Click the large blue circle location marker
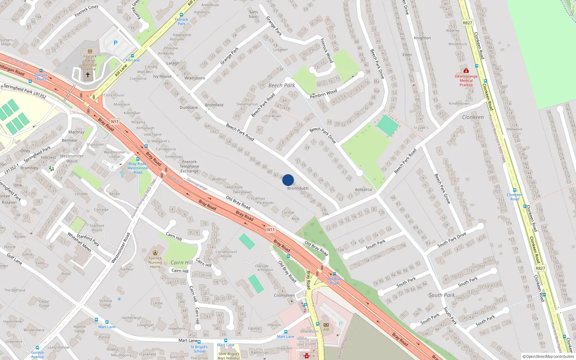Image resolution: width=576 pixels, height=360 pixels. (288, 180)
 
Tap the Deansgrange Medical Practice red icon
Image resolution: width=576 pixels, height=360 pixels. (466, 71)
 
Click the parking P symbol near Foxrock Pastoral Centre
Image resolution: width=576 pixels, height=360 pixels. (116, 43)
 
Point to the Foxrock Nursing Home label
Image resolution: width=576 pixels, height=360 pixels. (155, 262)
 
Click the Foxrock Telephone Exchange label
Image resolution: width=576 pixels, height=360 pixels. (189, 166)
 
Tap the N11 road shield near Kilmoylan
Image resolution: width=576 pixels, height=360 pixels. (114, 122)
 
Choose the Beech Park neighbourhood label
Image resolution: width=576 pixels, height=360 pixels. (282, 85)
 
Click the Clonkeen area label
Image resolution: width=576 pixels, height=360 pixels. (473, 117)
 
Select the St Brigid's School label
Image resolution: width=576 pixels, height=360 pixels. (199, 349)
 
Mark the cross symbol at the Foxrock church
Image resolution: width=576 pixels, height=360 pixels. (87, 75)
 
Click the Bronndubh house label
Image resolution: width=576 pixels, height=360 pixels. (298, 188)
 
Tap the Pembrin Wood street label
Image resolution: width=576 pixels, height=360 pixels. (323, 94)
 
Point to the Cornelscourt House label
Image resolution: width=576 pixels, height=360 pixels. (226, 254)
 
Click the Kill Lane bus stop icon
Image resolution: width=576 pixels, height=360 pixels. (133, 56)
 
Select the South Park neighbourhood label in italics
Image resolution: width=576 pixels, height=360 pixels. (442, 295)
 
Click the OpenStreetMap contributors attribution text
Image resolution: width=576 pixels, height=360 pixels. (548, 356)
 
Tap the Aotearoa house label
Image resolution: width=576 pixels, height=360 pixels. (363, 189)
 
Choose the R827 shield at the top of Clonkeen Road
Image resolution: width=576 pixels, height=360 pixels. (467, 23)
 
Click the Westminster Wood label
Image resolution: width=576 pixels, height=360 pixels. (72, 158)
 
